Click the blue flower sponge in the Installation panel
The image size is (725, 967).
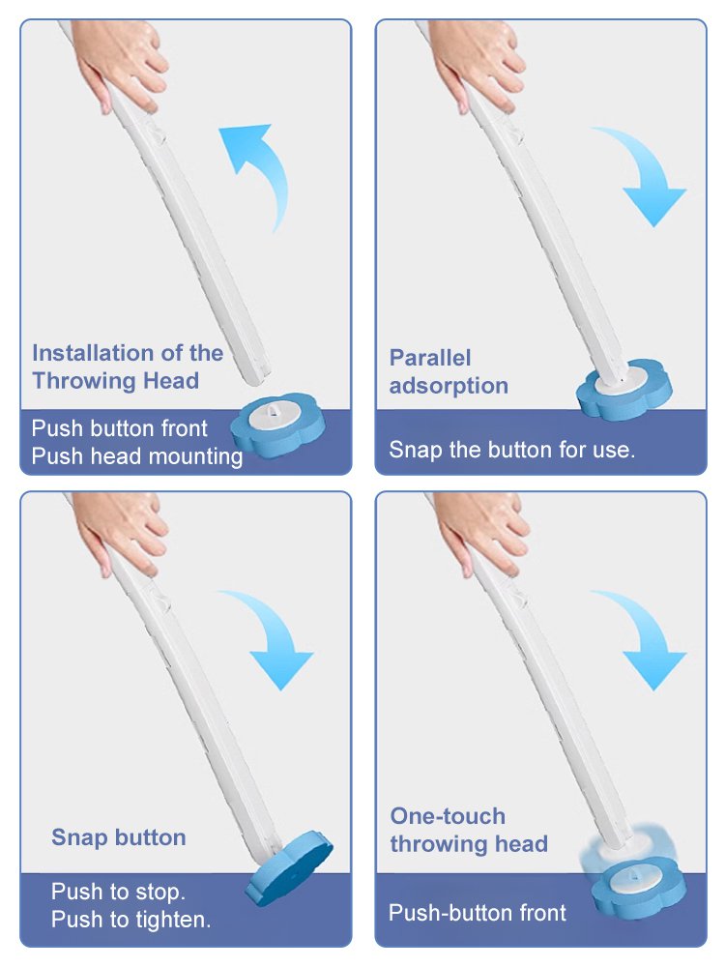(x=279, y=425)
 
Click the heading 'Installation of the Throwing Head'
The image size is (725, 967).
(x=127, y=366)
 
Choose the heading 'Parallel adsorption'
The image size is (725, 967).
(x=449, y=371)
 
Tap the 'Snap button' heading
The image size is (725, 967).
(x=118, y=837)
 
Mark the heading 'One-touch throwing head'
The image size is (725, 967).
(x=468, y=830)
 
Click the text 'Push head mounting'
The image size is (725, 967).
(x=136, y=455)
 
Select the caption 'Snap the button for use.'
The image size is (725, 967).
(x=511, y=450)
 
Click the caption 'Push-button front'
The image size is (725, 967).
(x=477, y=912)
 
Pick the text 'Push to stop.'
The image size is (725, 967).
(x=118, y=891)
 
